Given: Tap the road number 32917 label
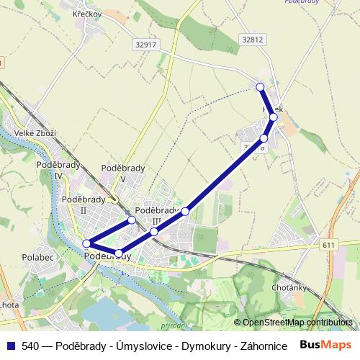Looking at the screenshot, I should (x=145, y=44).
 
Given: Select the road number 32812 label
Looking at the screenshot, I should (x=253, y=40).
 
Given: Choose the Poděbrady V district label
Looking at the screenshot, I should (x=123, y=172).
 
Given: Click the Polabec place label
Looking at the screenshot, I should (x=37, y=256).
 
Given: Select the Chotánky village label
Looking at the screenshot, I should (x=290, y=287).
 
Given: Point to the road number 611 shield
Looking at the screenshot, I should (x=329, y=246).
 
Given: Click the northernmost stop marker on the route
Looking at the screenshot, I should (x=261, y=87).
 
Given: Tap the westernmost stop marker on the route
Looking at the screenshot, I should (x=86, y=243).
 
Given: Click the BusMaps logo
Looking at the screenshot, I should (x=325, y=345).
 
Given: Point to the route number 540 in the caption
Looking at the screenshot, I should (x=30, y=346).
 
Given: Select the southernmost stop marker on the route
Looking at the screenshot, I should (x=119, y=253).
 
